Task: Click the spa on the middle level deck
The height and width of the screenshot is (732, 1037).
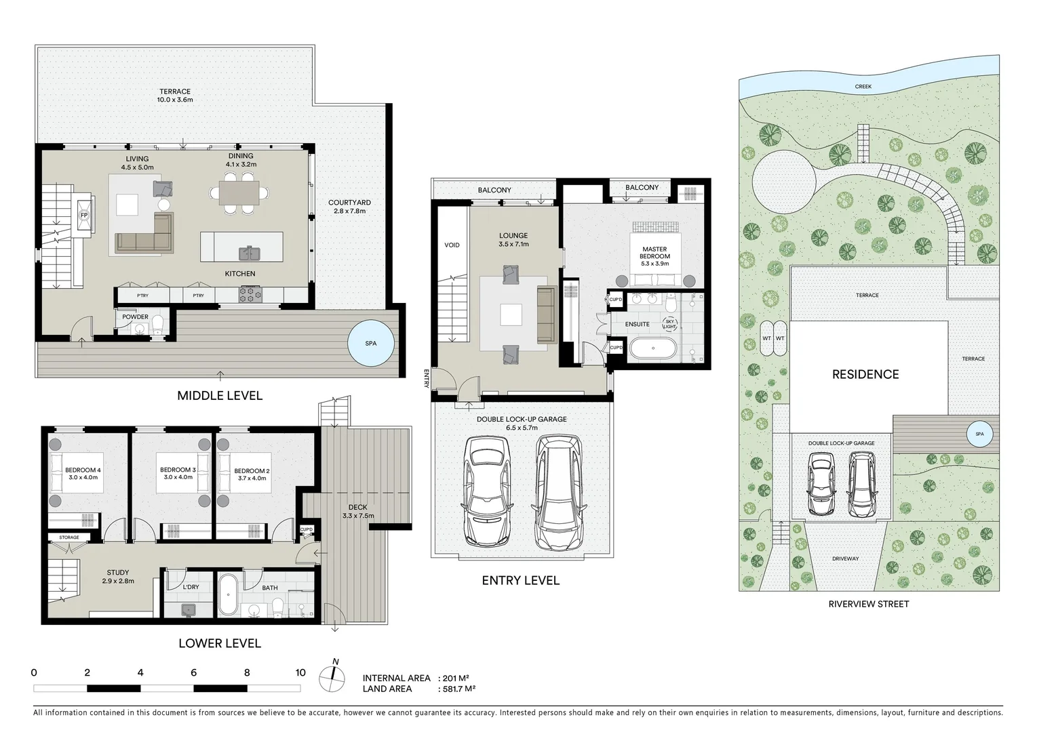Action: [370, 344]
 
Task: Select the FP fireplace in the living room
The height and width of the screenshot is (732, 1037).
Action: [84, 215]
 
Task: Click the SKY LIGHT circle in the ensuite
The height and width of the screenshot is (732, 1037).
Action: [669, 323]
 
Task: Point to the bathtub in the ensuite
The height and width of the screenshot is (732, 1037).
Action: [653, 349]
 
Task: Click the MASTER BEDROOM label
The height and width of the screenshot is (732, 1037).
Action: [654, 253]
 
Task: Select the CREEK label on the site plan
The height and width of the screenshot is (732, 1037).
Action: [863, 87]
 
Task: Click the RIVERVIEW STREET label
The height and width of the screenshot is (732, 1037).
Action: [868, 604]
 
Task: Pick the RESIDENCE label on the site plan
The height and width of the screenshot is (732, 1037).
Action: [865, 374]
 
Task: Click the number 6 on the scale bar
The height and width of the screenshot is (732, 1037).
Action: [194, 673]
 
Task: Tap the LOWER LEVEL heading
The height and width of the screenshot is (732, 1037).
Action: [219, 643]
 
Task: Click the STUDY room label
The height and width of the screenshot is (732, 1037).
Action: [117, 573]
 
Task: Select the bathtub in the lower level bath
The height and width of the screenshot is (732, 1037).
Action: [228, 594]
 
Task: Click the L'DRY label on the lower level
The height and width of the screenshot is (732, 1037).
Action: [191, 587]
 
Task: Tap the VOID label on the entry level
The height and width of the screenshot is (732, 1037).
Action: [452, 245]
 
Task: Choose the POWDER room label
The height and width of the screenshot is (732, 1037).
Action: [135, 317]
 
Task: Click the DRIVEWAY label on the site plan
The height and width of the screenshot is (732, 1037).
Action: [845, 558]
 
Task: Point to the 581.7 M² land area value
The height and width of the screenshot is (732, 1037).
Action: [458, 689]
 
